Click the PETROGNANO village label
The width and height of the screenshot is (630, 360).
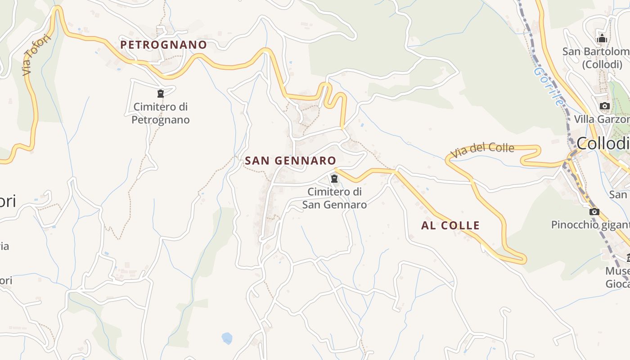click(163, 45)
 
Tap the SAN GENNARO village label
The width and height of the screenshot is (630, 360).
click(290, 161)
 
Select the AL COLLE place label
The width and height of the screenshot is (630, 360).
click(450, 225)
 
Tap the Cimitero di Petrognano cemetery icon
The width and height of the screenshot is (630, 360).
click(160, 94)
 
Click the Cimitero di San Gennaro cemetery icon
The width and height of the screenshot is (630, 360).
click(334, 178)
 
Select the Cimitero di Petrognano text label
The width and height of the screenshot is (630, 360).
click(160, 113)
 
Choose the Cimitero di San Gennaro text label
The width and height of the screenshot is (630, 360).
click(334, 198)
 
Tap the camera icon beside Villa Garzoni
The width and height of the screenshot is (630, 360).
click(604, 106)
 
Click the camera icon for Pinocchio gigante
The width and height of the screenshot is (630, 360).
click(594, 211)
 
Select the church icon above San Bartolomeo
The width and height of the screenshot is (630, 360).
click(602, 38)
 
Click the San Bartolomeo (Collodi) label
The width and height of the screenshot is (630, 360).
click(596, 58)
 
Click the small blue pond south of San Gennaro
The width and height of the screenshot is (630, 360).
click(227, 337)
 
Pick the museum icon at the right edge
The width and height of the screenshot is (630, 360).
click(628, 258)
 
